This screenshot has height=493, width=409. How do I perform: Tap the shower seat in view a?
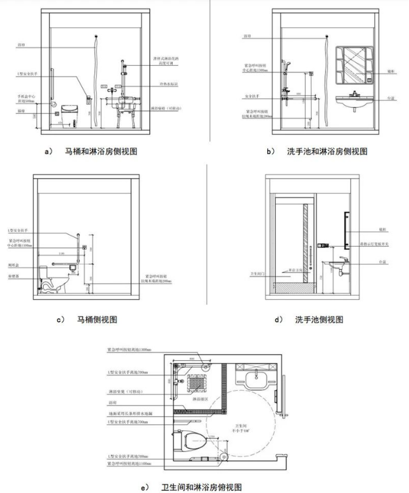(122, 110)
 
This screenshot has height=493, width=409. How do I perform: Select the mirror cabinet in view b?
(358, 66)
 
